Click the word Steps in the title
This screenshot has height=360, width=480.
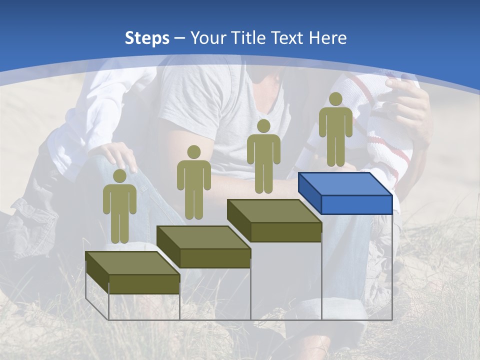point(147,38)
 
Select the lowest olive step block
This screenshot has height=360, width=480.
point(132,272)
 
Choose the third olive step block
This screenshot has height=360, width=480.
point(274,220)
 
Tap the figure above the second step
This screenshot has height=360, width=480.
point(193,182)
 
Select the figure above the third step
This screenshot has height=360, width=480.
point(263,156)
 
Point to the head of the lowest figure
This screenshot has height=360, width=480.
point(119,175)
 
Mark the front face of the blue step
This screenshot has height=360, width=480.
point(356,204)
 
